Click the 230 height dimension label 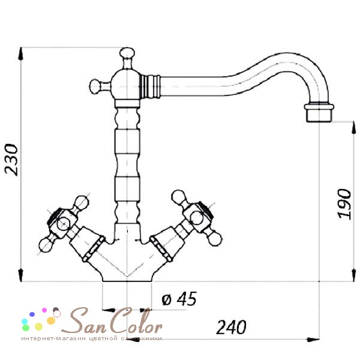point(11,160)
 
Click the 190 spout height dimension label point(345,204)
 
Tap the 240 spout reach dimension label point(231,327)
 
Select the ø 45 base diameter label point(179,299)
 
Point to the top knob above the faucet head point(127,53)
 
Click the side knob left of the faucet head point(95,86)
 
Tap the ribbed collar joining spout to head point(150,86)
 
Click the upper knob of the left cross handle point(82,202)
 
